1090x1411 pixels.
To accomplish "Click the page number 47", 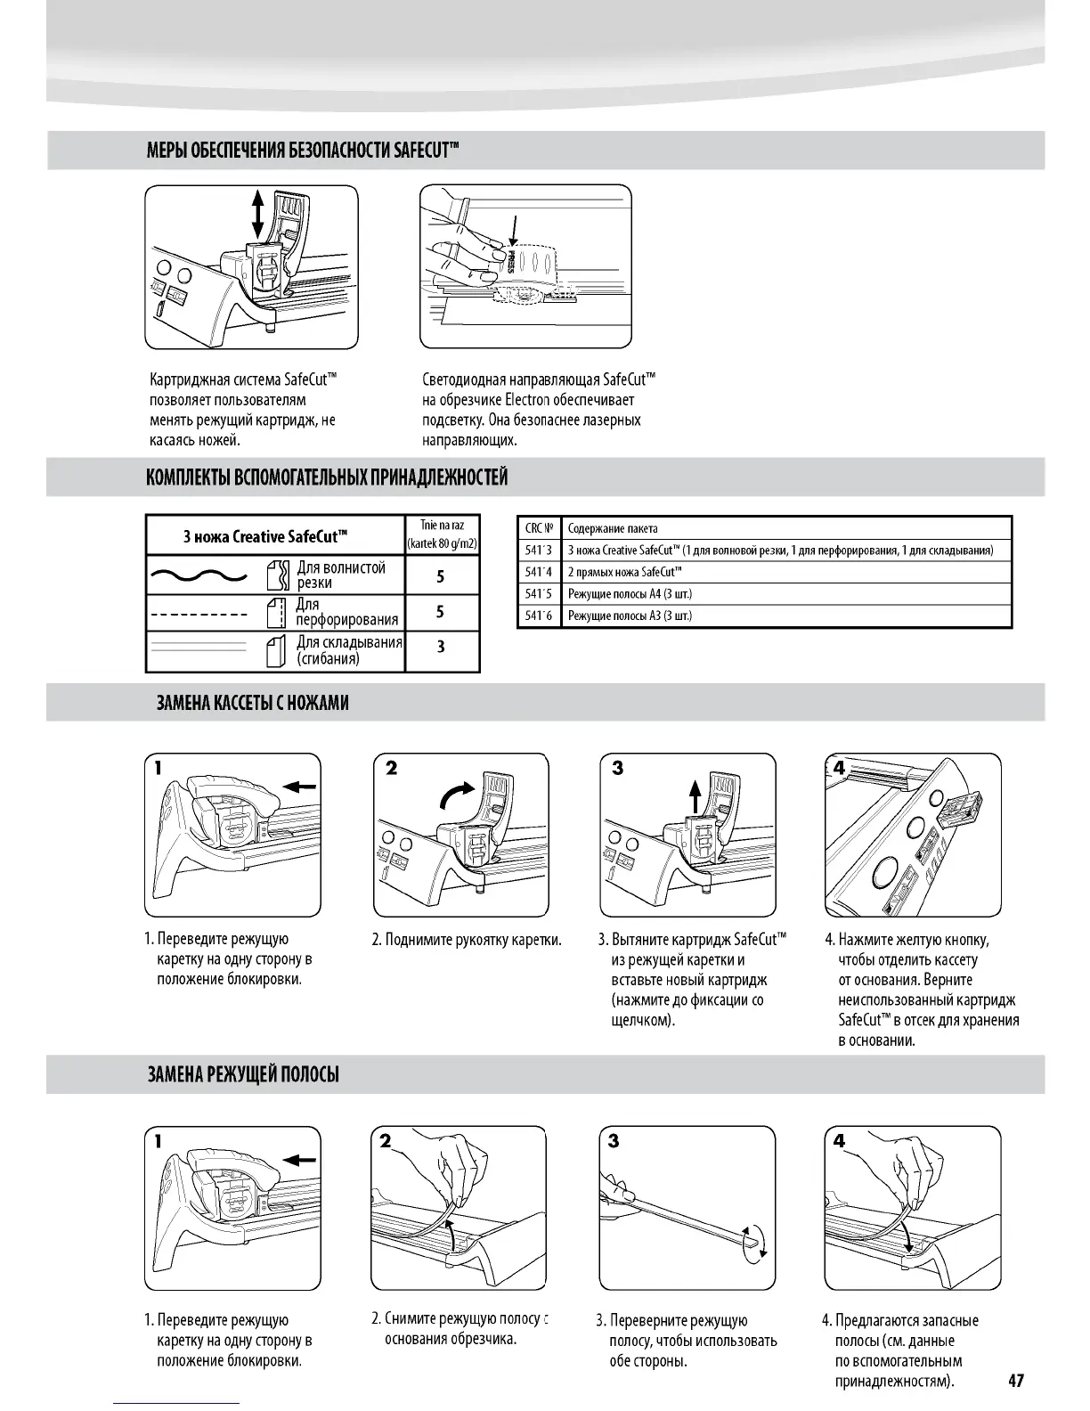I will [x=1016, y=1380].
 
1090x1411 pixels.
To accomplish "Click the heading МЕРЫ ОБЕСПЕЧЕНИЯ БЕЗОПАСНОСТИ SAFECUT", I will [x=303, y=150].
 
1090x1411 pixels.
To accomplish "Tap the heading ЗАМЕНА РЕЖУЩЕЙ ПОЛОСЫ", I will [x=243, y=1074].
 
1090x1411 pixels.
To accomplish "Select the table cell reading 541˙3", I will [x=539, y=551].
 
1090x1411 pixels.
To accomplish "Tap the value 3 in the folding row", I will [x=441, y=647].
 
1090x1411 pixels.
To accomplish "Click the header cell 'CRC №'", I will [x=539, y=528].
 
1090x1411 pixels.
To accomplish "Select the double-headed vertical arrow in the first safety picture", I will [x=258, y=211].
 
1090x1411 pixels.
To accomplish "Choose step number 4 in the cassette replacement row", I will [x=839, y=768].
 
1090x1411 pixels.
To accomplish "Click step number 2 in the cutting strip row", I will [x=385, y=1141].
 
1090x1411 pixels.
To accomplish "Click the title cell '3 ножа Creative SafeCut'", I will [x=264, y=536].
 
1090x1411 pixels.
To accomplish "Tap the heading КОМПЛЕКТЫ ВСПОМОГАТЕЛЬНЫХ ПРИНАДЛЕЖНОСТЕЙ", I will [x=327, y=477].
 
